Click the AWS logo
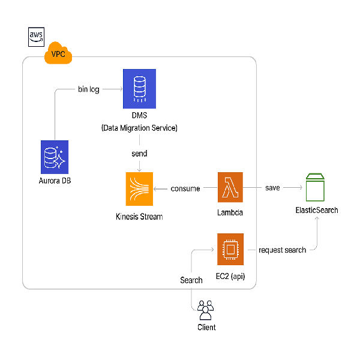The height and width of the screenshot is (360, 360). [x=37, y=37]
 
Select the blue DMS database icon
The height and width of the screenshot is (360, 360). [x=139, y=87]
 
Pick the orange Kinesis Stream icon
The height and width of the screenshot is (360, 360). [x=139, y=188]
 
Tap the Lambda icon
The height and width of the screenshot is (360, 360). [x=230, y=188]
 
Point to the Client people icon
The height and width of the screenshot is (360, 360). [x=206, y=310]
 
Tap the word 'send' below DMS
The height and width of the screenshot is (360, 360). [x=139, y=154]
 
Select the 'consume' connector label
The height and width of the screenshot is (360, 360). [x=185, y=188]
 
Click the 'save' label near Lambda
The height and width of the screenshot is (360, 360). [x=272, y=188]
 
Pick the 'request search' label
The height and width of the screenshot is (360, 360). [x=282, y=250]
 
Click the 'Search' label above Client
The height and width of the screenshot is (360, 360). [x=191, y=280]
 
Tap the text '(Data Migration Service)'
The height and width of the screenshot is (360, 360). [x=139, y=128]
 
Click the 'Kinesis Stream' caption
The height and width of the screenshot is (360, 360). [x=139, y=217]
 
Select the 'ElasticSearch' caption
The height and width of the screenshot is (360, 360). [x=316, y=211]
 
